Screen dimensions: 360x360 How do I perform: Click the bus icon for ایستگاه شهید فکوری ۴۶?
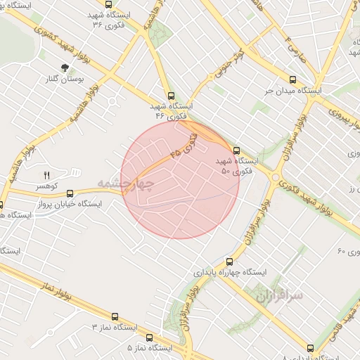click(170, 96)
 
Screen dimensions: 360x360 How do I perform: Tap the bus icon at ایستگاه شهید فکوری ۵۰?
click(236, 150)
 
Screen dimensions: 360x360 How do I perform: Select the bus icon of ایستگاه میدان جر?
click(292, 79)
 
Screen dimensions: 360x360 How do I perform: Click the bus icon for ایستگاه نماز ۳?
click(115, 317)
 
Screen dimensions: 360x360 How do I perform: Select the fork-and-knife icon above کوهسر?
click(48, 174)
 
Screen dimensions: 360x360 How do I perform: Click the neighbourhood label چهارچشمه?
click(125, 184)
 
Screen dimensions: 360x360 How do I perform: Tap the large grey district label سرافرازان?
click(285, 295)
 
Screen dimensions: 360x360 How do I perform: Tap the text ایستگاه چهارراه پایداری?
click(229, 271)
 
